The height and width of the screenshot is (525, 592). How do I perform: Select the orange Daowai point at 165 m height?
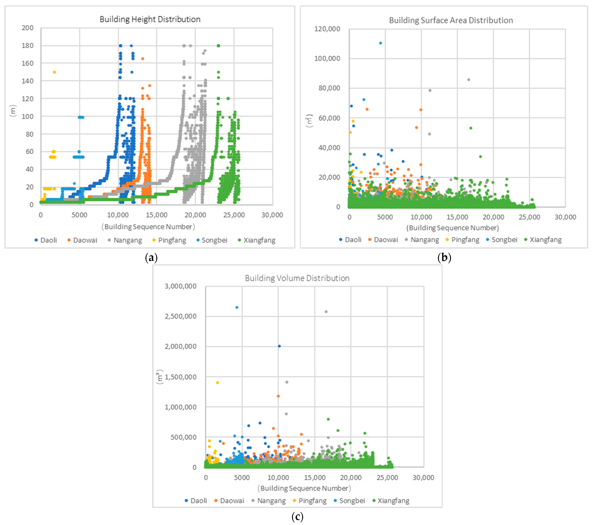coord(142,59)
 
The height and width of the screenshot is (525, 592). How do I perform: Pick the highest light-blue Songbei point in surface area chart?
coord(380,43)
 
